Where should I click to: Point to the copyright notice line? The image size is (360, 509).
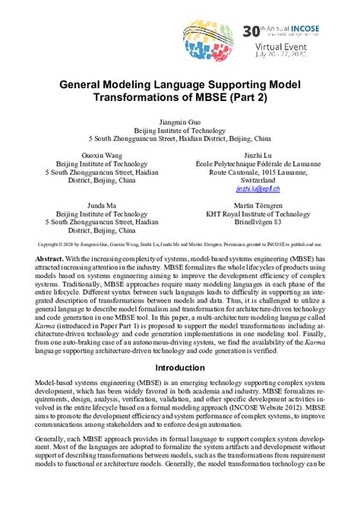[179, 245]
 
